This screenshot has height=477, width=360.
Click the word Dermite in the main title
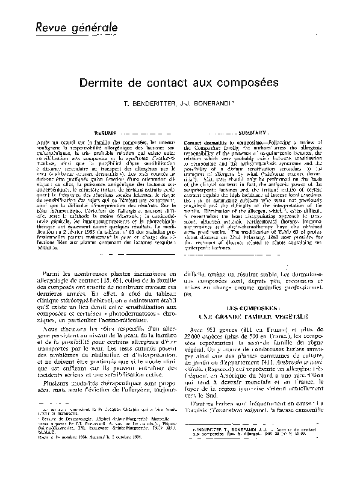coord(101,84)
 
